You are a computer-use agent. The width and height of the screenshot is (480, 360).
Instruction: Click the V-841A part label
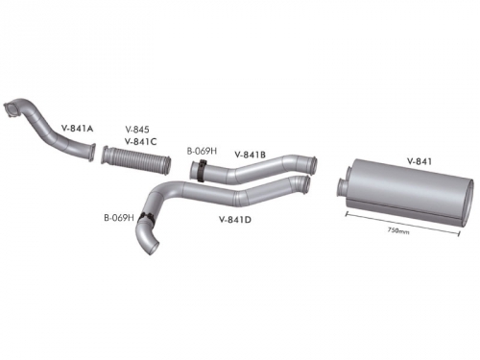coord(77,129)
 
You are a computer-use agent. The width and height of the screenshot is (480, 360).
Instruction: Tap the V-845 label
coord(137,130)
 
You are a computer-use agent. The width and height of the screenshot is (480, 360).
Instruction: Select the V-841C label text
coord(140,141)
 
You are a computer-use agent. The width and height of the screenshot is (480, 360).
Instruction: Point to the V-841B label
coord(251,155)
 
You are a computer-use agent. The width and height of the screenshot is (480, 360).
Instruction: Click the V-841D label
coord(235,220)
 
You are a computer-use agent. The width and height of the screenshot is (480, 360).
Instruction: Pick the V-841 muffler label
coord(420,161)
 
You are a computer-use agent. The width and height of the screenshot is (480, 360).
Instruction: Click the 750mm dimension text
coord(398,230)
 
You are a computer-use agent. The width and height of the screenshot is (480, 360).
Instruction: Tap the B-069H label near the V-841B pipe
coord(202,151)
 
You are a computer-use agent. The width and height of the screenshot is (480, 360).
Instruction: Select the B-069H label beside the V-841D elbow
coord(119,218)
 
